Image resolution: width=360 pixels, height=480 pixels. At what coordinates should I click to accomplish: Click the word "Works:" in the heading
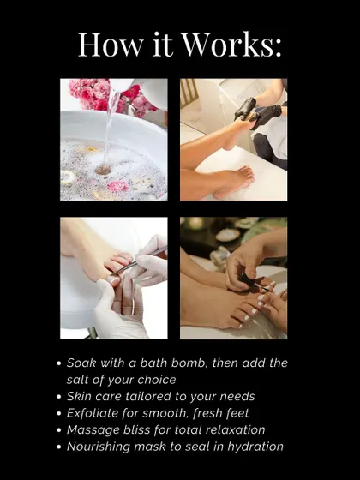click(231, 45)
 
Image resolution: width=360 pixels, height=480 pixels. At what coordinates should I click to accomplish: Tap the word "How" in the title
click(111, 45)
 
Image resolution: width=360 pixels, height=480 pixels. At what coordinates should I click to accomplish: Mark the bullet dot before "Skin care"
click(59, 397)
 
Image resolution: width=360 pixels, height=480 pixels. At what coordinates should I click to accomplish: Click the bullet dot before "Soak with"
click(59, 363)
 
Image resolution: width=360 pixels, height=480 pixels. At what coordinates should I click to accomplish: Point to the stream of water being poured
click(111, 129)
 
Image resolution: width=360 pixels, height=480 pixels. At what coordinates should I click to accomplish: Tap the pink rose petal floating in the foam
click(118, 186)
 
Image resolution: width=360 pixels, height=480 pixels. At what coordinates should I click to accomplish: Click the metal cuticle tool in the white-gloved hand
click(139, 261)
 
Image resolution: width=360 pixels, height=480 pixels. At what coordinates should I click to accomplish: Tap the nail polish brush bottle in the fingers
click(250, 281)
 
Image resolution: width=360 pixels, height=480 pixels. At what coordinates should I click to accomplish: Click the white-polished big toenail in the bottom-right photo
click(263, 297)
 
